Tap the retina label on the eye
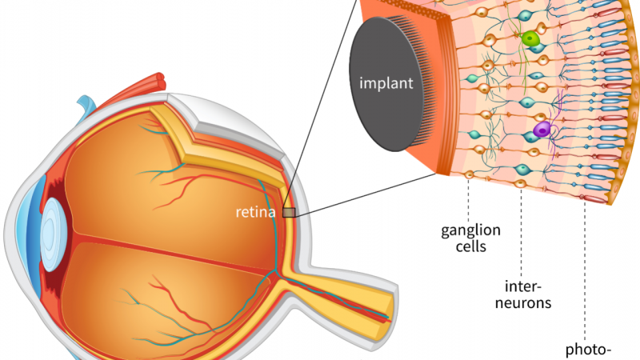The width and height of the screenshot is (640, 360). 255,213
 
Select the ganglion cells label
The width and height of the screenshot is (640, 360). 470,238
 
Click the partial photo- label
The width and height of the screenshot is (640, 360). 589,350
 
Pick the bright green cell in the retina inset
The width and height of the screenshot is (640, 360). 529,38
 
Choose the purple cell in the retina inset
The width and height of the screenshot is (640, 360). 542,129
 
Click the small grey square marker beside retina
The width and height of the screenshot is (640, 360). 289,212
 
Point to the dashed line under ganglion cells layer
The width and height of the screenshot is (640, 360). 467,196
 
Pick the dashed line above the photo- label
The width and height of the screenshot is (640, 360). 585,272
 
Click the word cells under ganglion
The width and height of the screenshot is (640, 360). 470,247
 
